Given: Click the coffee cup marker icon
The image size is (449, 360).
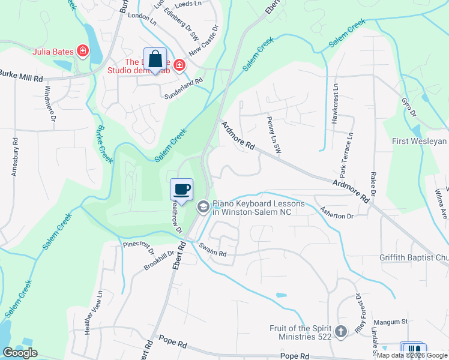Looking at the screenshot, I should pyautogui.click(x=182, y=190).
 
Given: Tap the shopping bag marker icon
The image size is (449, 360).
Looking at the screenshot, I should pyautogui.click(x=155, y=59).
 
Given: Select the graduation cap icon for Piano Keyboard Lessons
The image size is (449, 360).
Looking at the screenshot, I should pyautogui.click(x=203, y=206).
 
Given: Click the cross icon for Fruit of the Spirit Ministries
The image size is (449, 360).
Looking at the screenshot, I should pyautogui.click(x=340, y=331).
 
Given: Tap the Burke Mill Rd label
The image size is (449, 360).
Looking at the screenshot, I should pyautogui.click(x=22, y=78).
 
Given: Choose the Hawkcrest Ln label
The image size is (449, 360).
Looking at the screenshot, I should pyautogui.click(x=335, y=104).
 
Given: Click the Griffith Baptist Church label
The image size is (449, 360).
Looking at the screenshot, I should pyautogui.click(x=414, y=258).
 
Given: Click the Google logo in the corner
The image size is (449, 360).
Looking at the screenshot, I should pyautogui.click(x=20, y=352).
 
